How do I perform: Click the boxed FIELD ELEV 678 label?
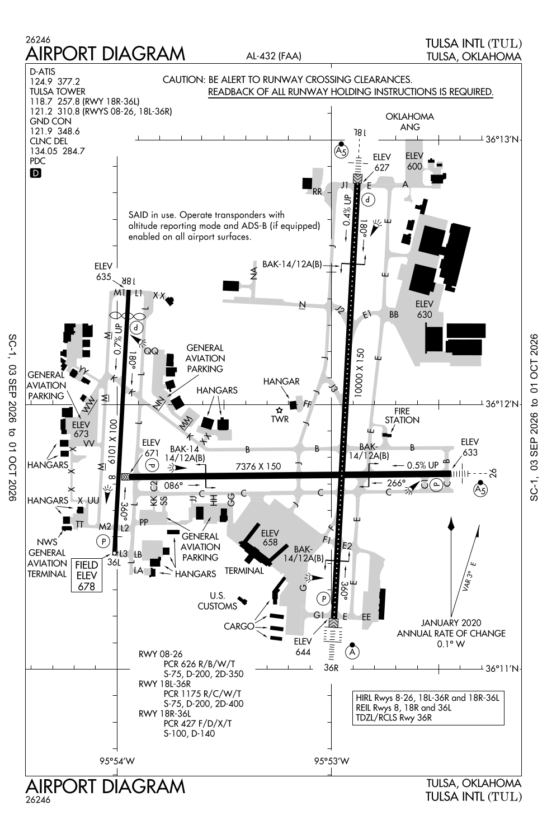pos(87,576)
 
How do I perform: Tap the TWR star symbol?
pos(279,411)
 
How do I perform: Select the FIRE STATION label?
pos(402,416)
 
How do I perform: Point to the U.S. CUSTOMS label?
pos(218,601)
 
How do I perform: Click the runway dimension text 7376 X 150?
pos(258,466)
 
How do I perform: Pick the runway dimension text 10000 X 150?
pos(359,373)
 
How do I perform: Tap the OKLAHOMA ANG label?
pos(410,122)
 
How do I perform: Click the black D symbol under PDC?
pos(36,173)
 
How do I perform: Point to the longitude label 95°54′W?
pos(117,761)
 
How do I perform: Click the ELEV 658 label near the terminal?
pos(270,538)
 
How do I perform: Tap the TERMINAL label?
pos(244,571)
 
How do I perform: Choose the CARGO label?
pos(239,626)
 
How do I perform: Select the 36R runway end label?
pos(331,668)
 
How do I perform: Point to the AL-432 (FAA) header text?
pos(273,56)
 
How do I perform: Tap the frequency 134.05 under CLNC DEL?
pos(42,152)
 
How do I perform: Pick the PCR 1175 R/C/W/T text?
pos(202,694)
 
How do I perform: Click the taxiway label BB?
pos(394,314)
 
